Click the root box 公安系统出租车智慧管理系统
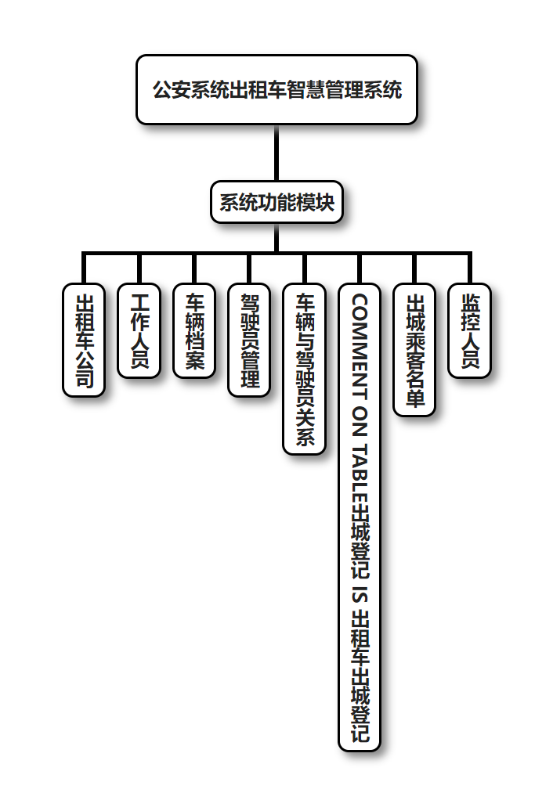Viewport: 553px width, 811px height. click(276, 90)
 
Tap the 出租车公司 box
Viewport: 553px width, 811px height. click(84, 341)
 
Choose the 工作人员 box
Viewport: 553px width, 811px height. click(139, 331)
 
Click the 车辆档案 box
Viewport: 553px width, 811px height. click(194, 331)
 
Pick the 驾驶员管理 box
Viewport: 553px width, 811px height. click(249, 341)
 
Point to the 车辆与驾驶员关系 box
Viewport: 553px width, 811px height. click(304, 369)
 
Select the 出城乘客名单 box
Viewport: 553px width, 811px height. click(414, 350)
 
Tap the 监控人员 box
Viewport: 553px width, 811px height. click(469, 331)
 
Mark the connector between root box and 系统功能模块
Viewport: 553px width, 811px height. click(276, 153)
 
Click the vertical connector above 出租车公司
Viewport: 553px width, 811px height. click(84, 268)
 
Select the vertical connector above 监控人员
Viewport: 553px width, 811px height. click(469, 268)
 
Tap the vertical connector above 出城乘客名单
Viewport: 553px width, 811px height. click(414, 268)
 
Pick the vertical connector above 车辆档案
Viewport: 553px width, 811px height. click(194, 268)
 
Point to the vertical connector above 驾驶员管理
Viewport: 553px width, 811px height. click(249, 268)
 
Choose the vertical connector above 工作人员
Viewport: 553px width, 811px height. click(139, 268)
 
